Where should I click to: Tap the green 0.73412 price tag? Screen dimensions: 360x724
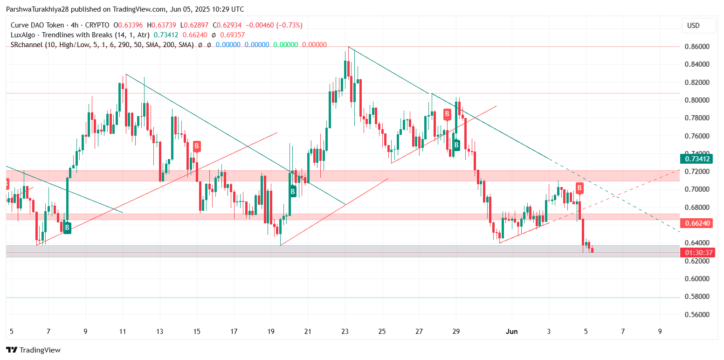pos(697,159)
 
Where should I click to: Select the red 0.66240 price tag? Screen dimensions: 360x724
pos(697,223)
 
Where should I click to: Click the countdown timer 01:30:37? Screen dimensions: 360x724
pos(697,253)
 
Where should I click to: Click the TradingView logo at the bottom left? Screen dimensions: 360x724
pos(33,350)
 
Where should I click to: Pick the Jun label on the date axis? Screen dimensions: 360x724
pos(511,332)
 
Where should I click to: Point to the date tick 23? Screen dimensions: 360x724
pos(345,332)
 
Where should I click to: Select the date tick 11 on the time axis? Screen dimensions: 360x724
pos(123,332)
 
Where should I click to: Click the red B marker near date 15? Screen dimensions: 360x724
pos(197,146)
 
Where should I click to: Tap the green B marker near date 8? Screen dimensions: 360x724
pos(67,228)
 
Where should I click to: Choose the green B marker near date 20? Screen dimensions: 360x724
pos(293,191)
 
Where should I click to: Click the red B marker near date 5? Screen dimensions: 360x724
pos(579,188)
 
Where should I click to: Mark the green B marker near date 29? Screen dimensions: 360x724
pos(456,145)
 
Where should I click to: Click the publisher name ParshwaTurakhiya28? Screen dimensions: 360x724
pos(37,9)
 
